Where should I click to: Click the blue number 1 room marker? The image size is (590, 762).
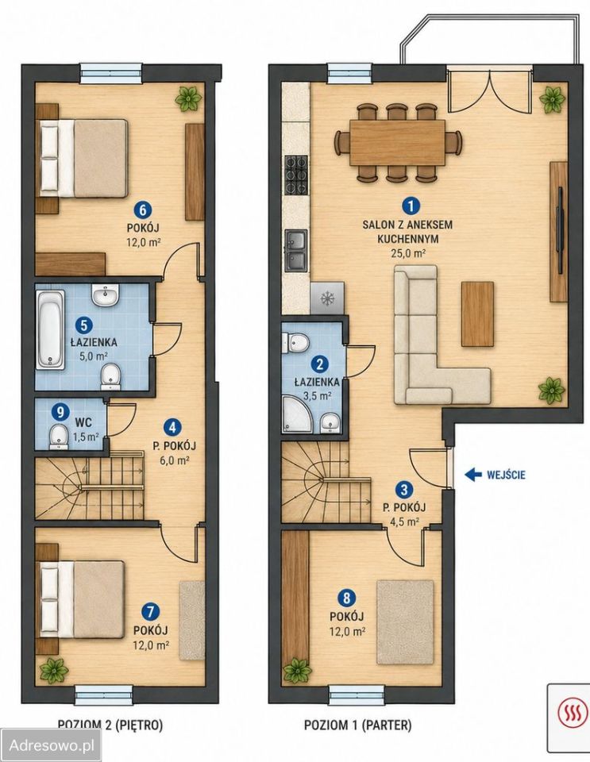pos(411,206)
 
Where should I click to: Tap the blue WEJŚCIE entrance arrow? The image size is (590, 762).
pos(473,474)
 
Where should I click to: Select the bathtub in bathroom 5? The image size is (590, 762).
pos(51,329)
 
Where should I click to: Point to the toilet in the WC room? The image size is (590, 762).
pos(58,435)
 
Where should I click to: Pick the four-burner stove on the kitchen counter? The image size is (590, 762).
pos(296,175)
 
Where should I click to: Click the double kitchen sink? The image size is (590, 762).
pos(296,251)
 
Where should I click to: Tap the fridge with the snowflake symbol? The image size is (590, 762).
pos(326,298)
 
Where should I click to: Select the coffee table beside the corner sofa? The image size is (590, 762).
pos(477,314)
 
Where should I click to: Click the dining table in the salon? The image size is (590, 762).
pos(398,142)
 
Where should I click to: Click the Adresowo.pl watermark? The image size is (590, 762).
pos(52,745)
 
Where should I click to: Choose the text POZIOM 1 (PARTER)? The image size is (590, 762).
pos(357,725)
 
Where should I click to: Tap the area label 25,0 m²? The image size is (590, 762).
pos(408,252)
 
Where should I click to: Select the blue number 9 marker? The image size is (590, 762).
pos(60,413)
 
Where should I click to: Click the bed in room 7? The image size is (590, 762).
pos(82,598)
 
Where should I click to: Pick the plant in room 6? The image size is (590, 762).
pos(188,99)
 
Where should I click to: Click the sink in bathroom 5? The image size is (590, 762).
pos(106,295)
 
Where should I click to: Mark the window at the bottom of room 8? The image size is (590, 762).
pos(357,695)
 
